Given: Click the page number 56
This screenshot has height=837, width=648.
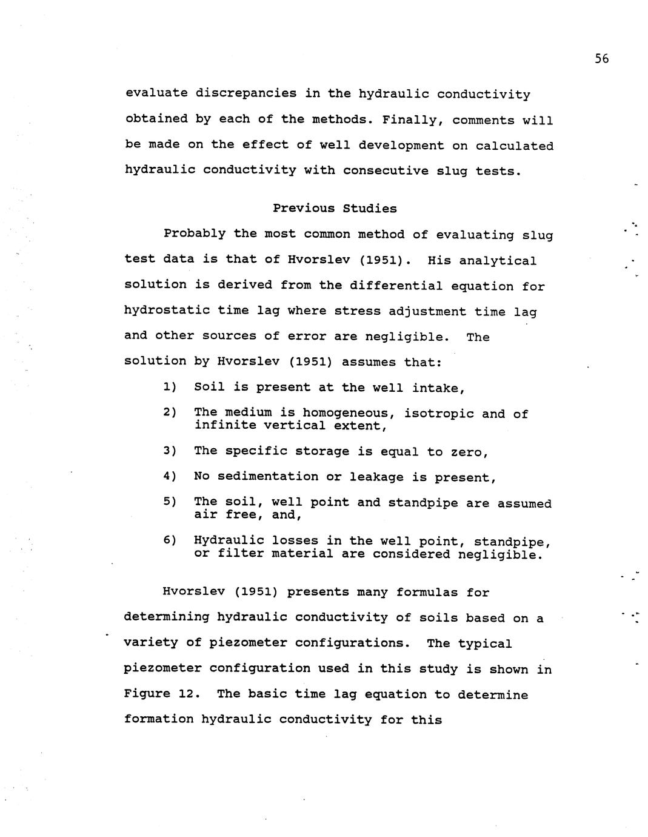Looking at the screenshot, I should [x=601, y=59].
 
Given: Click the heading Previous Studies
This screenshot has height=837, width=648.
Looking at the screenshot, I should [x=335, y=209].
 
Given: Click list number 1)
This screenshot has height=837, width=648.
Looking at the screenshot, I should [x=170, y=387].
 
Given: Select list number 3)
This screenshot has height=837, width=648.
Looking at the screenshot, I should [x=170, y=451].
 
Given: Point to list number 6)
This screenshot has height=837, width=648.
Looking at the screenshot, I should [x=170, y=540].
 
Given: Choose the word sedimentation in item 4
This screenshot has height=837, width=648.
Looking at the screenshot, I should [x=267, y=477].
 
